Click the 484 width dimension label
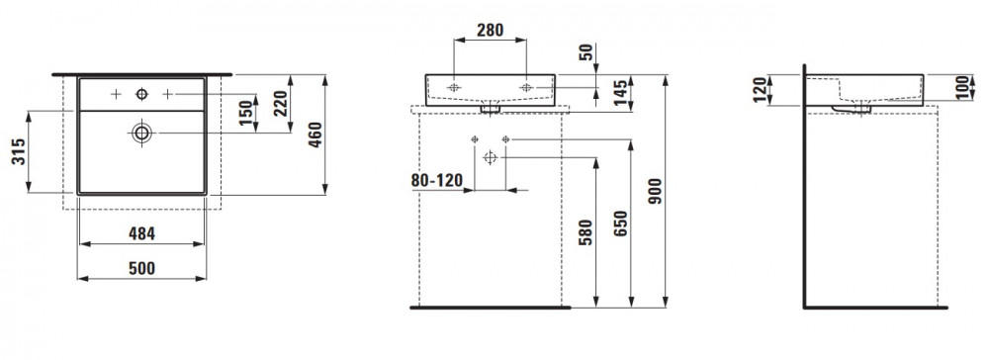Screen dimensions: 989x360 pyautogui.click(x=141, y=234)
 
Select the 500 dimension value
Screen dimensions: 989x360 pyautogui.click(x=141, y=269)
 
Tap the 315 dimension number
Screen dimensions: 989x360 pyautogui.click(x=20, y=152)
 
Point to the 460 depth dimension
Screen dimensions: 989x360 pyautogui.click(x=315, y=135)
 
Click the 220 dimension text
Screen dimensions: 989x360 pyautogui.click(x=281, y=104)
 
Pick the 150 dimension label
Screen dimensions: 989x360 pyautogui.click(x=246, y=112)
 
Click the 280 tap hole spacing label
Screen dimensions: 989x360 pyautogui.click(x=491, y=31)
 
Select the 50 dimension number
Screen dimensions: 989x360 pyautogui.click(x=586, y=52)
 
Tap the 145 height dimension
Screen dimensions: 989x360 pyautogui.click(x=621, y=93)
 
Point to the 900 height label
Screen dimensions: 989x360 pyautogui.click(x=656, y=191)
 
